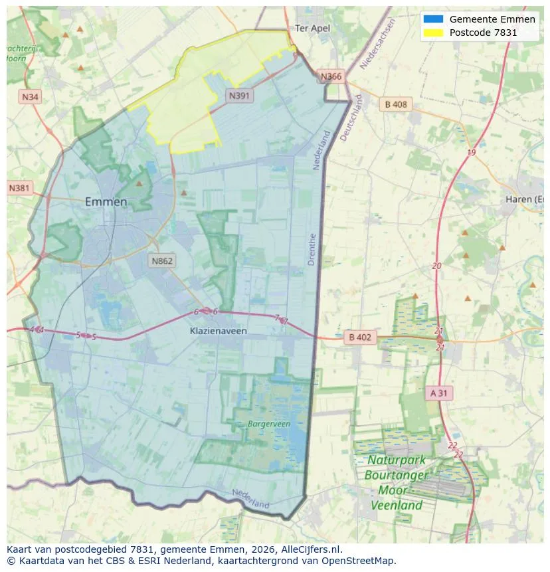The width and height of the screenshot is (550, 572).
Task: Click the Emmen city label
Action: [106, 202]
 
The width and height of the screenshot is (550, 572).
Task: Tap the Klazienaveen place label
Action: [217, 330]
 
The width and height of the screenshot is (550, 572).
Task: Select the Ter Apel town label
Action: [312, 29]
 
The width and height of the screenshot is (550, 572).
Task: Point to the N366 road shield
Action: [331, 76]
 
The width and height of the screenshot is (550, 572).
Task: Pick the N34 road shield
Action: [30, 97]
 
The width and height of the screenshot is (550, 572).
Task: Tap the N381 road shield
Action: [19, 188]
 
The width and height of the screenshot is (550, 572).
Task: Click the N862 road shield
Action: [161, 260]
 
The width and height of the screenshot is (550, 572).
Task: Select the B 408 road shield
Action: [396, 104]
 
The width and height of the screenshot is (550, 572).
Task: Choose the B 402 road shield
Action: [359, 337]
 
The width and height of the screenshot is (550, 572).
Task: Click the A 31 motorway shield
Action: [438, 393]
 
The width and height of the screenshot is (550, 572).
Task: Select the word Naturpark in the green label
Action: [397, 460]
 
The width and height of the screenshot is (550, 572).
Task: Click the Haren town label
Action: [525, 199]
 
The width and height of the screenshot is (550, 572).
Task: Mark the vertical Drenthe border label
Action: [312, 249]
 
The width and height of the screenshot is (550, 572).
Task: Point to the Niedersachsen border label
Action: [377, 44]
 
